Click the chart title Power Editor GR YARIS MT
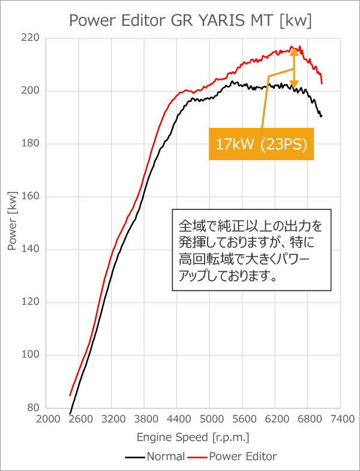coord(190,21)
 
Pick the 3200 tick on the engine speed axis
coord(112,419)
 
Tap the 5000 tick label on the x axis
coord(210,419)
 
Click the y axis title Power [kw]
coord(13,223)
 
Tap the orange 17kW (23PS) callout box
coord(261,144)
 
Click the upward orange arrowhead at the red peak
coord(294,52)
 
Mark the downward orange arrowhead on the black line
coord(294,83)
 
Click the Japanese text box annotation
coord(251,250)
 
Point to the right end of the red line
coord(322,83)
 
